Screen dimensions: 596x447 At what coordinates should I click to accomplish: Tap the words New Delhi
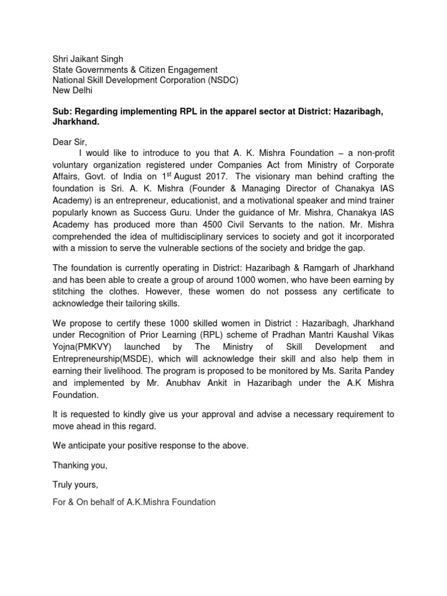coord(73,91)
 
